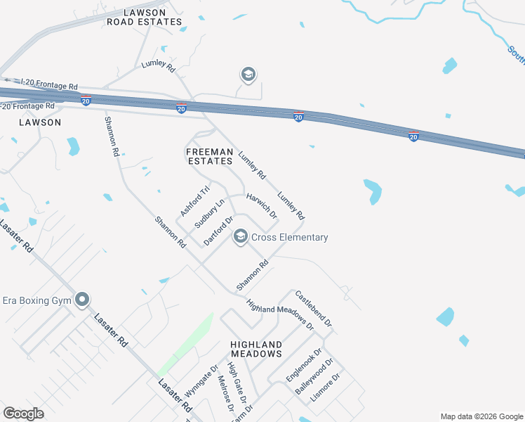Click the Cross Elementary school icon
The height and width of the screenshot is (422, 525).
pos(241,237)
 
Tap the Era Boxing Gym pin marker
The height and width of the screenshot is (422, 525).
pos(82,300)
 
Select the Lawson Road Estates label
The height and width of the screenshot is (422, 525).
pos(144,18)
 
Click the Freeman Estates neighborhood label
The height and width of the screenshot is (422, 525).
pos(209,156)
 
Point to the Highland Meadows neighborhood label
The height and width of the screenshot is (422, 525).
pos(256,349)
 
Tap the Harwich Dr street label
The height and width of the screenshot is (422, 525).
pos(261,206)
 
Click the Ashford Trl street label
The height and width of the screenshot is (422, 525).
pos(195,200)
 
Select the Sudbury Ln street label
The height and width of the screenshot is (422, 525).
pos(211,214)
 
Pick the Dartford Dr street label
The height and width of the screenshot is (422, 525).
pos(218,231)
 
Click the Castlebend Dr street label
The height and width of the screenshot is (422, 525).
pos(313,307)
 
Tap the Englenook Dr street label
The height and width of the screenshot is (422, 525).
pos(303,365)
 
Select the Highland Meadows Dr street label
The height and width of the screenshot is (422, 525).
pos(280,314)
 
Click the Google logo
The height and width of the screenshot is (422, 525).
pos(23,414)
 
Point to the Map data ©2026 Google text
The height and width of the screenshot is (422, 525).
pos(481,416)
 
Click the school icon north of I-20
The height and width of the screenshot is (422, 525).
pos(248,74)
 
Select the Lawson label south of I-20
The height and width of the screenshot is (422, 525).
pos(40,122)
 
